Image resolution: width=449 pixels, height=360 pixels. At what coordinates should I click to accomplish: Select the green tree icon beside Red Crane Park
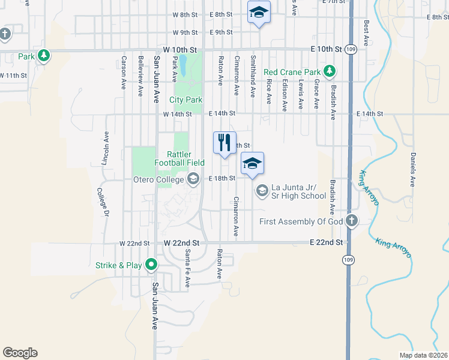point(330,72)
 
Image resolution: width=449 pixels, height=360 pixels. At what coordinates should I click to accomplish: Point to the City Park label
point(185,100)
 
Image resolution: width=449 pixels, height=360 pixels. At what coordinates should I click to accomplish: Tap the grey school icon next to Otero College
point(193,178)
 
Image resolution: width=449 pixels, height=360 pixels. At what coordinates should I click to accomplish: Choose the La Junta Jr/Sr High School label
point(298,191)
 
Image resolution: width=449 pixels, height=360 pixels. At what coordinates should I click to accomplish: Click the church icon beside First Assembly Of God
point(352,221)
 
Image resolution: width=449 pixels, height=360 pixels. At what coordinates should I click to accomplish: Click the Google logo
point(20,353)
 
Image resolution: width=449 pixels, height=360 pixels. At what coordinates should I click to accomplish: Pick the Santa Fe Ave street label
point(188,268)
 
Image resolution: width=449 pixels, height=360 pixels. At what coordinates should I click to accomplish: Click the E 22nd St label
point(326,242)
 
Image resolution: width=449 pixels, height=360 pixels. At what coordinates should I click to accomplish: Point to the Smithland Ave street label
point(253,76)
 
